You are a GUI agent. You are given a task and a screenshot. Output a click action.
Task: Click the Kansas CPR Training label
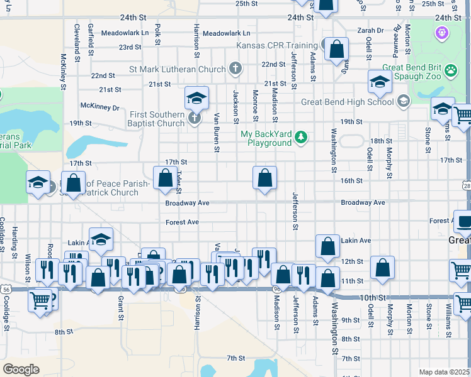tap(276, 45)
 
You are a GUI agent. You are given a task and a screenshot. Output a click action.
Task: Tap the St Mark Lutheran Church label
tap(178, 68)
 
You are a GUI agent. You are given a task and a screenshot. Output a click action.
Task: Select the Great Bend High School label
tap(347, 102)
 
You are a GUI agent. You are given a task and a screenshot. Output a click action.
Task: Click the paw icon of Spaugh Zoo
tap(450, 70)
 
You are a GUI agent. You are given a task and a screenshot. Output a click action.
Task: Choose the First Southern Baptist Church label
tap(157, 119)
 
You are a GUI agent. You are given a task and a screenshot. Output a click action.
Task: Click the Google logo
tap(21, 369)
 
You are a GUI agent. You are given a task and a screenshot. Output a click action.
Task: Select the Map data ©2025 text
tap(445, 372)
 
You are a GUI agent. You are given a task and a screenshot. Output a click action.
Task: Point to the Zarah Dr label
tap(370, 30)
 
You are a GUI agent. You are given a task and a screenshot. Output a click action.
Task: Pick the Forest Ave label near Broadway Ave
tap(182, 222)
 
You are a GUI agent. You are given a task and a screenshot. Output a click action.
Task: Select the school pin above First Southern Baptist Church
tap(196, 99)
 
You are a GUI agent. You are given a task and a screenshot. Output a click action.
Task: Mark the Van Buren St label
tap(216, 133)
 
